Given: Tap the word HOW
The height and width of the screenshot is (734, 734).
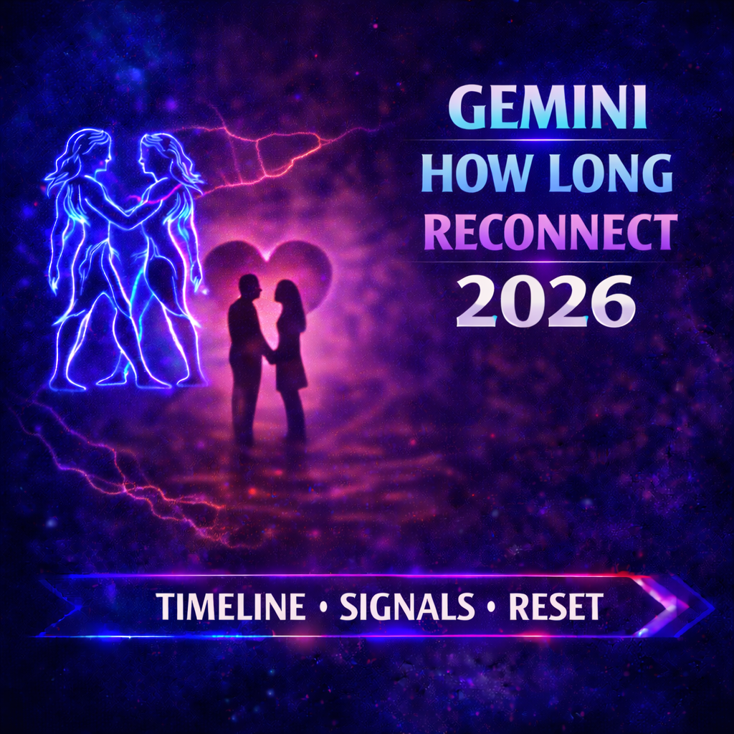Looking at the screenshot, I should pos(470,172).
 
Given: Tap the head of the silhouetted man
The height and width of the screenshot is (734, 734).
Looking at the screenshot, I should pos(249,287).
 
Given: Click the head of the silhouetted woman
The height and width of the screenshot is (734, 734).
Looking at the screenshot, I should pos(286,293).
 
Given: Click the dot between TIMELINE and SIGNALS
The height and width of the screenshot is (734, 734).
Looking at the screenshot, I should pos(323,609).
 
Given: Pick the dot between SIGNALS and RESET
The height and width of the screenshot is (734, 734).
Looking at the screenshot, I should pos(492,609).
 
